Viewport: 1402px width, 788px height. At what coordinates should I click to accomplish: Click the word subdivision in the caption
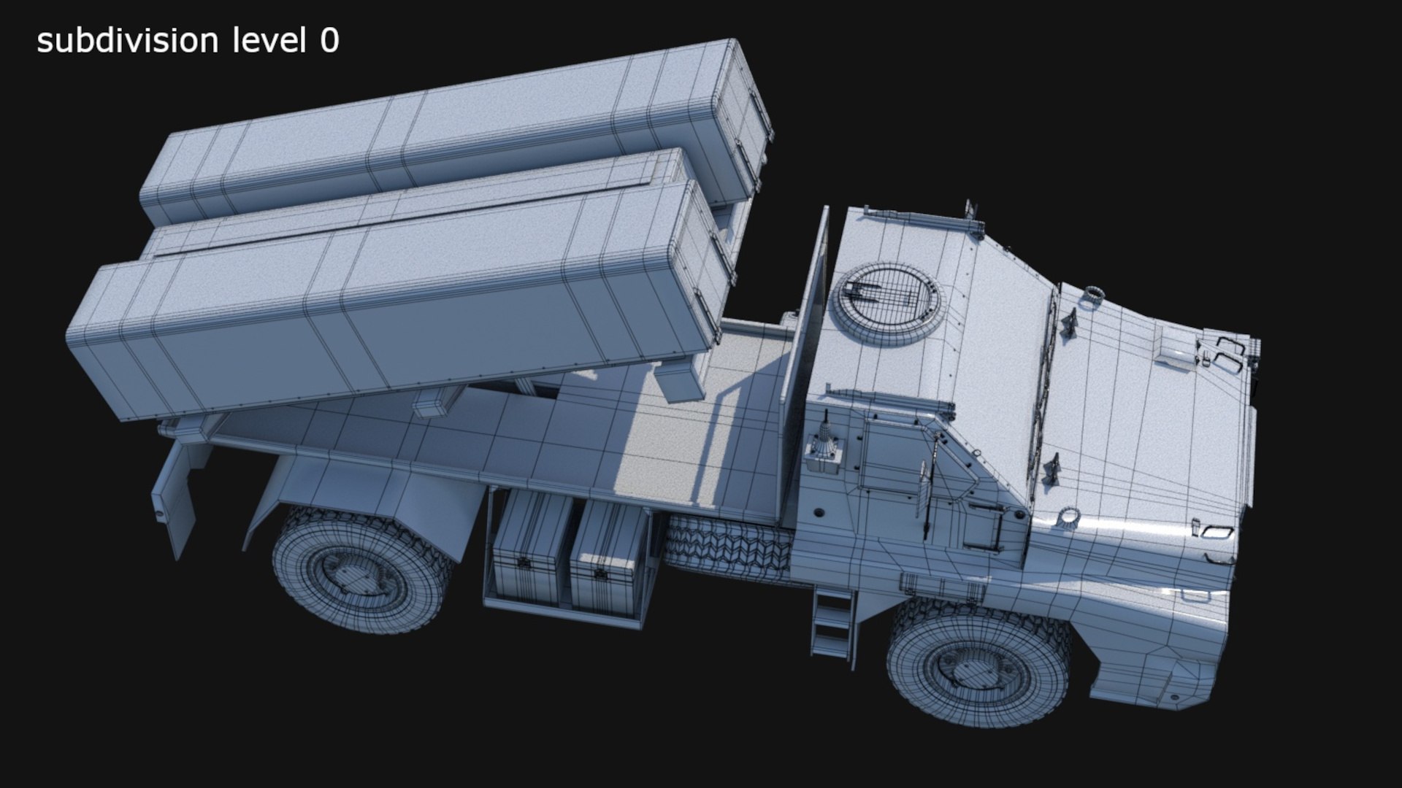[x=127, y=42]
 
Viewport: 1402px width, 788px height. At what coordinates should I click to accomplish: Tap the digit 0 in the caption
[x=329, y=42]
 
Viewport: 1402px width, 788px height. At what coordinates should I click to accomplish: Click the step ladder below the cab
[x=832, y=624]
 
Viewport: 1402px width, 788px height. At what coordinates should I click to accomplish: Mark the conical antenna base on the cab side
[x=826, y=445]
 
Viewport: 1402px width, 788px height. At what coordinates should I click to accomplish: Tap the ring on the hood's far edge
[x=1093, y=294]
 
